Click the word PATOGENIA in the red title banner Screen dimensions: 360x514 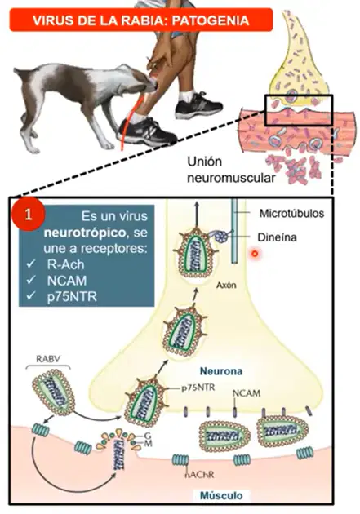[x=210, y=20]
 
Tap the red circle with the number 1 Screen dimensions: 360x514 [x=28, y=215]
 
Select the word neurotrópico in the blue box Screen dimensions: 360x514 [x=85, y=233]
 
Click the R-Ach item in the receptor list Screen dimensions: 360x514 [x=65, y=264]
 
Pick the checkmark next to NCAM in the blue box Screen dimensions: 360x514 [x=31, y=280]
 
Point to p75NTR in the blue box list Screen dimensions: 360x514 [x=72, y=296]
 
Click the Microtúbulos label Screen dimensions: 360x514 [x=291, y=214]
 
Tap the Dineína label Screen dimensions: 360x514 [x=277, y=237]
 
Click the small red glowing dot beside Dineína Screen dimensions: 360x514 [x=255, y=254]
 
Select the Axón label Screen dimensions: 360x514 [x=226, y=285]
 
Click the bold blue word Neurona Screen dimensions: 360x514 [x=221, y=371]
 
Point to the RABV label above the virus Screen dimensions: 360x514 [x=48, y=359]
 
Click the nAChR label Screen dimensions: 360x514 [x=199, y=474]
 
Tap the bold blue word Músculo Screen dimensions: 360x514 [x=221, y=495]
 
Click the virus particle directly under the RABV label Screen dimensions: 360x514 [x=53, y=392]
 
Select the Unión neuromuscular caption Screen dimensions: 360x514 [x=231, y=170]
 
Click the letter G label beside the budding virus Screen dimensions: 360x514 [x=148, y=436]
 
